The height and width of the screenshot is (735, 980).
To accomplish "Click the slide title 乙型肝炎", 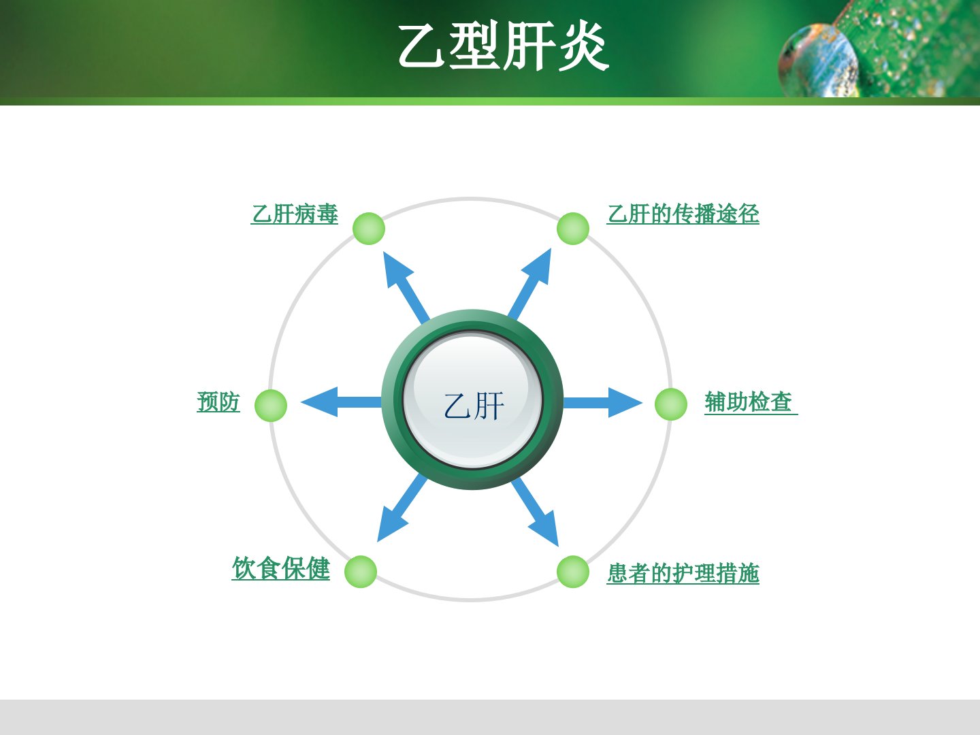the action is [x=504, y=46].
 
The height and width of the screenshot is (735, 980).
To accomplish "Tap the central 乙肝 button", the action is [x=472, y=400].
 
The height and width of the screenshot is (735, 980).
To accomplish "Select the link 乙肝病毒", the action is [x=295, y=214].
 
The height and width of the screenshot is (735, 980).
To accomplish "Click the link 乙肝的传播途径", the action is [x=683, y=214].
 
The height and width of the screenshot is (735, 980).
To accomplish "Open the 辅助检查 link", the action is [x=751, y=402].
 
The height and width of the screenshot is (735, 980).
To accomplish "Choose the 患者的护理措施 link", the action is [x=683, y=574].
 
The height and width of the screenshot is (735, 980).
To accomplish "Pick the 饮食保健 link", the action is [x=281, y=568].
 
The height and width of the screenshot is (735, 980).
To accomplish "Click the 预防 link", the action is [x=218, y=402].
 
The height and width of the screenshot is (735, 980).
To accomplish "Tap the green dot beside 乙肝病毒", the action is [x=369, y=229].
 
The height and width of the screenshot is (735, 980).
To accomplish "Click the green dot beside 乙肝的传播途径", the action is [x=573, y=229].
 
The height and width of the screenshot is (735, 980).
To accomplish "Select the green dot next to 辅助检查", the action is [x=671, y=404].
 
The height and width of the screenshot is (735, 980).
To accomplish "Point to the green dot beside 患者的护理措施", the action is [x=573, y=572].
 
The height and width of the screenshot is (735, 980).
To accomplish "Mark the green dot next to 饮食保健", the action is [x=361, y=572].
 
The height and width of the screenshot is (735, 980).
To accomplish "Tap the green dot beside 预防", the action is [x=271, y=405].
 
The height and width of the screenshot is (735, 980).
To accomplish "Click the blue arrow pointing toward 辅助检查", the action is [x=603, y=402].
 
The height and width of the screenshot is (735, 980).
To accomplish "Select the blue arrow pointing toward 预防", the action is [x=341, y=402].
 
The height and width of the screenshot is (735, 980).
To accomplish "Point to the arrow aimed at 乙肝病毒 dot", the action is [x=406, y=287].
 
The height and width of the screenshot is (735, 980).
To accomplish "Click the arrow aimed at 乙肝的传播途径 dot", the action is [x=530, y=284].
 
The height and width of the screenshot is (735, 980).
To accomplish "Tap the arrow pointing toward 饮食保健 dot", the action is [x=402, y=508].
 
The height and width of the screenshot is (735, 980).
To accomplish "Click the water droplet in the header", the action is [x=818, y=61].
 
